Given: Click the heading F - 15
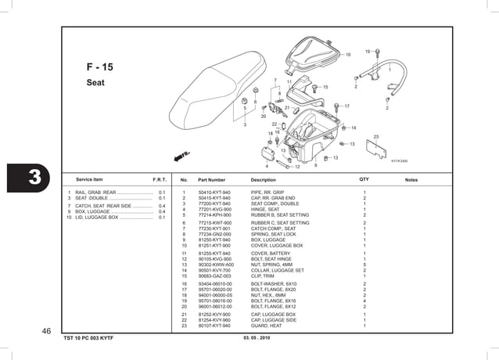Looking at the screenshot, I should (x=99, y=67).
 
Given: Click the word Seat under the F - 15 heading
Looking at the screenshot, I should (x=95, y=82).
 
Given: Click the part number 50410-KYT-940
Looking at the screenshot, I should (x=214, y=193).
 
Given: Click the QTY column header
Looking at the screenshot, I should (x=364, y=180).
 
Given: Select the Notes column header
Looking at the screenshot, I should (x=411, y=180).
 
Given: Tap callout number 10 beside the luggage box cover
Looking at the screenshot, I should (x=347, y=55).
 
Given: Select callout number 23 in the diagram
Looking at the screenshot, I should (x=375, y=137).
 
